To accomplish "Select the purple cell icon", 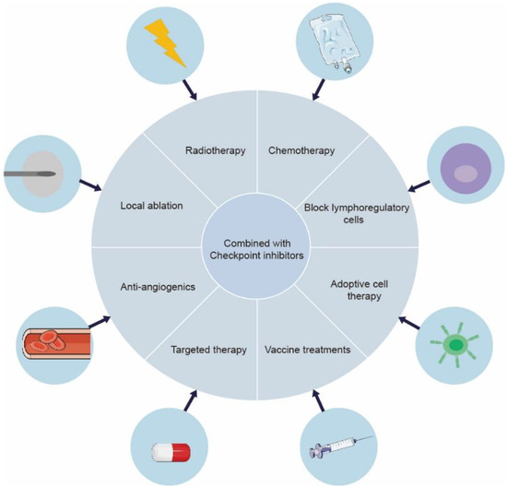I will (462, 172).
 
